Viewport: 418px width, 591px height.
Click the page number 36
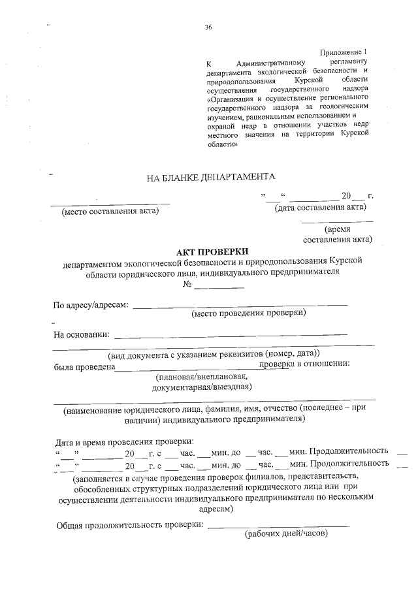click(208, 27)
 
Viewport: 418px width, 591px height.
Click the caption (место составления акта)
click(110, 210)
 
